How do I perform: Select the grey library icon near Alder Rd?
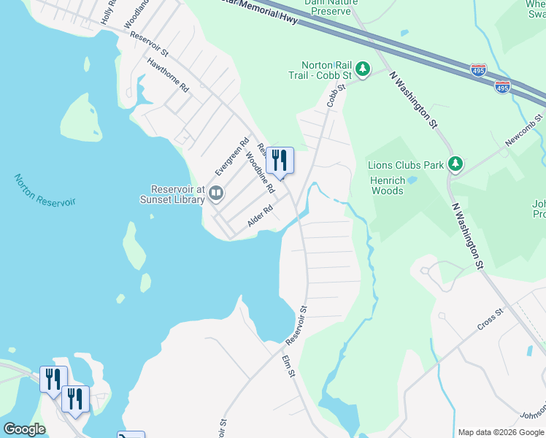click(x=216, y=193)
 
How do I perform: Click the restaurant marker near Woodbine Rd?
click(x=280, y=159)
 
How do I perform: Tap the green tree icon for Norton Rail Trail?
click(x=362, y=69)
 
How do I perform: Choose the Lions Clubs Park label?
click(x=406, y=165)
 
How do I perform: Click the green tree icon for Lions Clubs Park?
click(x=456, y=164)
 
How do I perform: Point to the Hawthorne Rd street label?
click(x=168, y=75)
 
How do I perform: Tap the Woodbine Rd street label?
click(x=260, y=172)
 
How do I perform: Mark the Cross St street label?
click(x=490, y=320)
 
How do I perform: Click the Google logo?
click(x=24, y=429)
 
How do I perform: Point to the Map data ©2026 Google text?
click(x=501, y=432)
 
